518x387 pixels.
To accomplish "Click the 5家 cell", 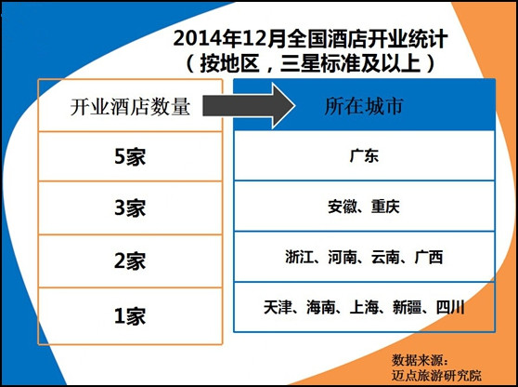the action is [x=130, y=156].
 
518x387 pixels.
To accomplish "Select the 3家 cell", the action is [x=130, y=207].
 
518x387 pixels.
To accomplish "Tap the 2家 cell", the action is [x=130, y=260].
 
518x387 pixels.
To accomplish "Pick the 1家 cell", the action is [x=130, y=315].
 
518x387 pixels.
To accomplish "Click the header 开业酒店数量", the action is [x=130, y=107].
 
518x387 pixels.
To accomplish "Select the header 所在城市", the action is [x=364, y=106].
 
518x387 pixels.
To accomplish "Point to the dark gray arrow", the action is [x=249, y=106].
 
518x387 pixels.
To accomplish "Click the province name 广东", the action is [x=364, y=155].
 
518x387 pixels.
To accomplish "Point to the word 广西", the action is [x=429, y=258].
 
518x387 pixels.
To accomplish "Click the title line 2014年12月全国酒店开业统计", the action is [x=311, y=39].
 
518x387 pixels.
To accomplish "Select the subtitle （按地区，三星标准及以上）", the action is [x=311, y=63].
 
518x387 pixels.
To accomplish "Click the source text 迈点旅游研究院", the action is [x=436, y=375].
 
